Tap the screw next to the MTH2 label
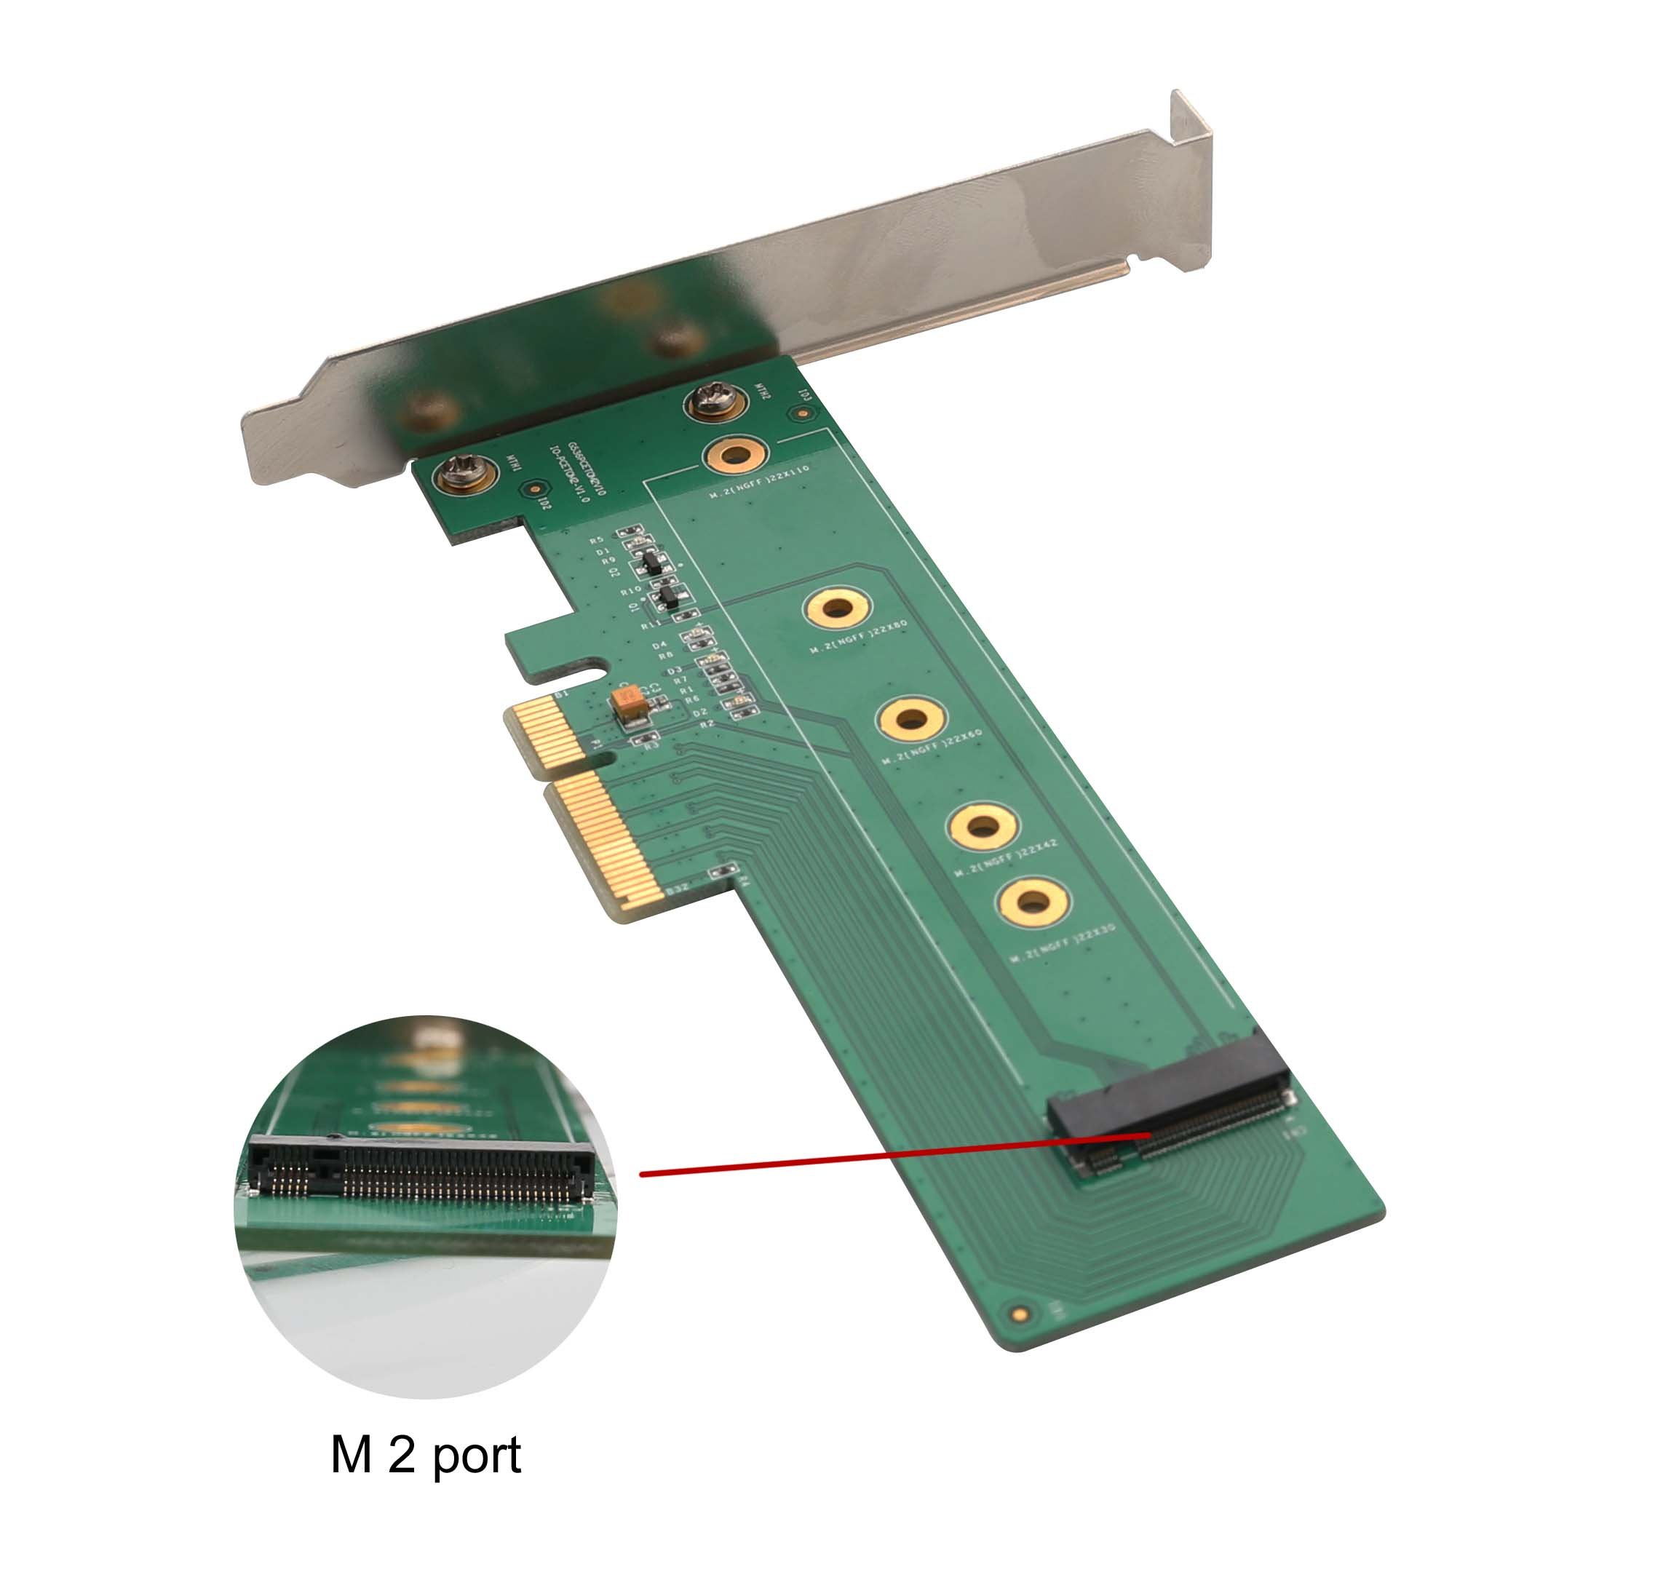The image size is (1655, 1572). [715, 400]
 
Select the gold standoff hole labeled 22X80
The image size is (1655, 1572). [836, 607]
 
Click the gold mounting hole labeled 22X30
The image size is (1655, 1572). [1033, 902]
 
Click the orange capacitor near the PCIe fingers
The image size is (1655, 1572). [630, 703]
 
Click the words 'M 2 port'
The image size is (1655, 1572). [425, 1455]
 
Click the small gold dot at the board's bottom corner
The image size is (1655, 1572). [1019, 1314]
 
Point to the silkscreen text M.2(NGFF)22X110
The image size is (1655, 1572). [759, 482]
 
